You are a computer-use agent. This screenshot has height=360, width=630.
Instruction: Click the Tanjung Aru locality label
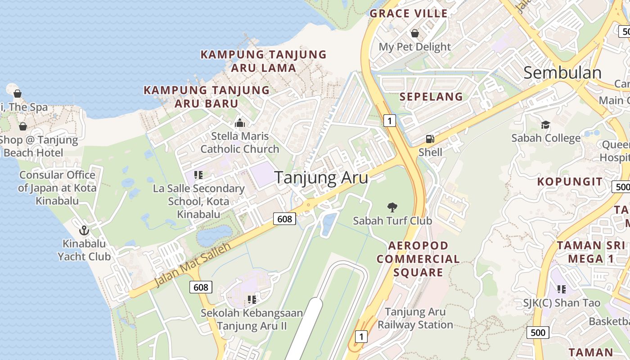click(x=321, y=178)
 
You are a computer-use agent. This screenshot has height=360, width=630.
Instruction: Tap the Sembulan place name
click(x=562, y=73)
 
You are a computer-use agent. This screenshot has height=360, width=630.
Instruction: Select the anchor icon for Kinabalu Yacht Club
click(x=84, y=231)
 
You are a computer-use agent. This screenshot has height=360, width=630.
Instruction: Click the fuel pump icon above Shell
click(x=430, y=139)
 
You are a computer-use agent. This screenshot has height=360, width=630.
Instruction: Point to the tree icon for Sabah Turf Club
click(x=392, y=207)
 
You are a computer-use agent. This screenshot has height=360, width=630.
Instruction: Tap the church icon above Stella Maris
click(x=240, y=123)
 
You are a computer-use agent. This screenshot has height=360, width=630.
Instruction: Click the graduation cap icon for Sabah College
click(x=545, y=125)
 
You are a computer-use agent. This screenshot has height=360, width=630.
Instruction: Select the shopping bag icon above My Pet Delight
click(x=414, y=34)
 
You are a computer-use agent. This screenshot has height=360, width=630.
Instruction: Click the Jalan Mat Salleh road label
click(x=192, y=265)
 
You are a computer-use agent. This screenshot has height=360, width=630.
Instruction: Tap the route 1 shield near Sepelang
click(x=390, y=120)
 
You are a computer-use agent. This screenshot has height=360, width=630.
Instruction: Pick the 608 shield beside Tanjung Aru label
click(x=284, y=219)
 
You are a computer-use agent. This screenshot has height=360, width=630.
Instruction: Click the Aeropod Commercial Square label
click(x=418, y=259)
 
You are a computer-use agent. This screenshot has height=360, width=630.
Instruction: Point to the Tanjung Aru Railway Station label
click(x=415, y=318)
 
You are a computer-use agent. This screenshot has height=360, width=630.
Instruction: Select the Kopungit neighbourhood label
click(x=570, y=182)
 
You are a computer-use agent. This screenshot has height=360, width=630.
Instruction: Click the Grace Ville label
click(x=409, y=13)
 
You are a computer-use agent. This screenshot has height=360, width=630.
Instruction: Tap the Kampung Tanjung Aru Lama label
click(x=263, y=61)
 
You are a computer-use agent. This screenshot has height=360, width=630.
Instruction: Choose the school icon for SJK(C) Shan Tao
click(x=561, y=289)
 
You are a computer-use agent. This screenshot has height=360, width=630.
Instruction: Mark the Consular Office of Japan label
click(x=57, y=187)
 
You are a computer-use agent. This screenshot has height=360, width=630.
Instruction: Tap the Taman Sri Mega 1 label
click(x=591, y=252)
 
